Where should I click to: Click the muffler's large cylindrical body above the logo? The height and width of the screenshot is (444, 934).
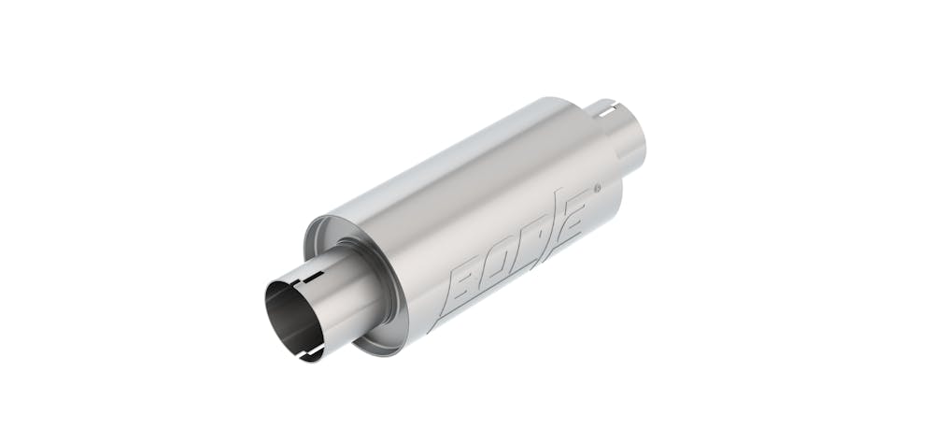pos(467,187)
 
